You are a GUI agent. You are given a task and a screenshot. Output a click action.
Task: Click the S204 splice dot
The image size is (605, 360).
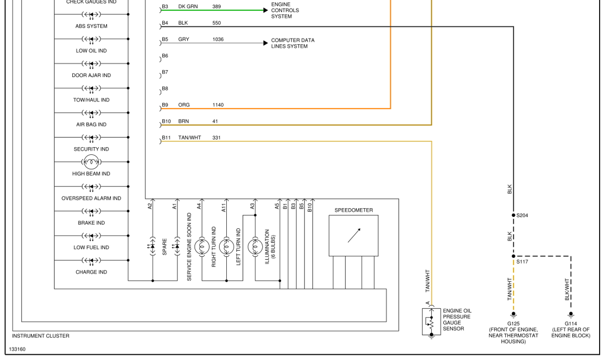513,215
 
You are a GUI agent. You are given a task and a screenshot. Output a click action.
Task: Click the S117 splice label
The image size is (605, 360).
522,262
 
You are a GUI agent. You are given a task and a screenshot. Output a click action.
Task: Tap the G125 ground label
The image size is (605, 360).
513,324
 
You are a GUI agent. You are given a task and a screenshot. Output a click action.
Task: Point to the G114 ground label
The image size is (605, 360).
570,324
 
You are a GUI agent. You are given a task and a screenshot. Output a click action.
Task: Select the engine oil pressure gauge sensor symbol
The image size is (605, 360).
431,322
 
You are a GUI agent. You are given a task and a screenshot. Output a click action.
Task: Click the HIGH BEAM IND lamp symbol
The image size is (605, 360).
91,162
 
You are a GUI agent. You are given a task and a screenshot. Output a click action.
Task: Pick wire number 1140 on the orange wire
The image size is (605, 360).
218,105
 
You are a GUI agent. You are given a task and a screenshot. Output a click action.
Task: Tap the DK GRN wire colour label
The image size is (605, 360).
188,7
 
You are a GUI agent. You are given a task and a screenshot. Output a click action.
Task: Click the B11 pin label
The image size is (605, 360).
166,138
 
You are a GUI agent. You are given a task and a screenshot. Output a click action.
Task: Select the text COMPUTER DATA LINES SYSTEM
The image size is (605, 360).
292,43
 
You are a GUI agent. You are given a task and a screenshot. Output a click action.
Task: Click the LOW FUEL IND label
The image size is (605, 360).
91,247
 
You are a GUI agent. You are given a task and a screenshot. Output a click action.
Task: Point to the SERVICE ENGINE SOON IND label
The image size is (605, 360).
189,247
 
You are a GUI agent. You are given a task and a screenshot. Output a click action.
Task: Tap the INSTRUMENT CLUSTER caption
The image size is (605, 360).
40,336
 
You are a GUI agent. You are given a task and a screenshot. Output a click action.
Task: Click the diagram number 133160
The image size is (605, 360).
17,349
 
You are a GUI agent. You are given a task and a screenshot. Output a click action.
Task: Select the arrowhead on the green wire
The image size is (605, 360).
265,10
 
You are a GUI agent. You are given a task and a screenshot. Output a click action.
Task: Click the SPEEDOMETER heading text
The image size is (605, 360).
353,210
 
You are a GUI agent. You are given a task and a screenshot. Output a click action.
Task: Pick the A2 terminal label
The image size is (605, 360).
150,206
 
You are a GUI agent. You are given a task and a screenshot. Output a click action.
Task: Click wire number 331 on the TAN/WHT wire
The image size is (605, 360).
216,138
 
